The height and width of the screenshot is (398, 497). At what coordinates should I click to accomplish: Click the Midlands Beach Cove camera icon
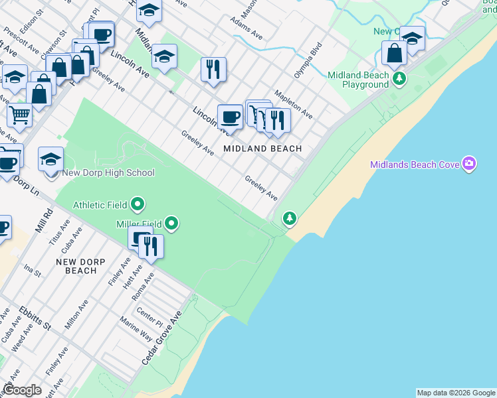pos(470,164)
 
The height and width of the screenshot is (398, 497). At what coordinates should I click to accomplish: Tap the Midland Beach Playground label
pos(358,80)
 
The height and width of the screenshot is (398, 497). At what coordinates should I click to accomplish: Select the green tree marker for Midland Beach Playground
pos(399,80)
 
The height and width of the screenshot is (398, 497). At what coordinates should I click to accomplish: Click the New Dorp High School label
pos(108,173)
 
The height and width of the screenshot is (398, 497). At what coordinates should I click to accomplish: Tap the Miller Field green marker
pos(172,224)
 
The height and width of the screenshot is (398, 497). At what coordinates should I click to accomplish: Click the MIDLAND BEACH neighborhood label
pos(262,149)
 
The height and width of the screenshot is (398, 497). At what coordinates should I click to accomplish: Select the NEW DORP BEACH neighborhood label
pos(85,266)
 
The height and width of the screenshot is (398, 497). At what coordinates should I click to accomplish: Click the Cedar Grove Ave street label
pos(161,339)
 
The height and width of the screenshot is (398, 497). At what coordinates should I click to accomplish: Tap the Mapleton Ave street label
pos(293,105)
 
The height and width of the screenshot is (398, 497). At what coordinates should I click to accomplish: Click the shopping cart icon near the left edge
pos(19,115)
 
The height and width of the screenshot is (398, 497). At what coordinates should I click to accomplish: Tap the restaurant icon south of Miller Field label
pos(151,247)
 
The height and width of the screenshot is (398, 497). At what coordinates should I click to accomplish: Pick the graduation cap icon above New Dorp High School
pos(50,159)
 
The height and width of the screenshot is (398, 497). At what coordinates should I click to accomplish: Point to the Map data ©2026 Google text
pos(456,393)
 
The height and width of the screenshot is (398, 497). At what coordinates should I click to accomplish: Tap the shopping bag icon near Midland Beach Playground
pos(395,53)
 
